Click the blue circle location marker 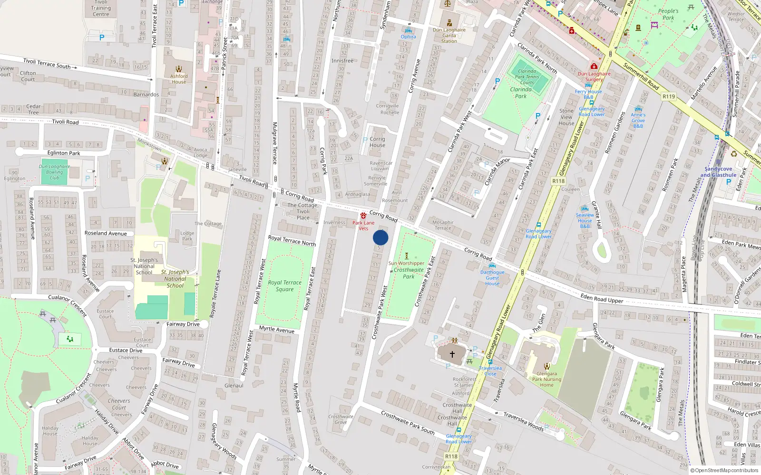click(380, 237)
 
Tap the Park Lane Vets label click(363, 225)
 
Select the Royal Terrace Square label click(284, 285)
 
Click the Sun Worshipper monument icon click(406, 256)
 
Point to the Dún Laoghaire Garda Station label click(449, 35)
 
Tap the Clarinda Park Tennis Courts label click(527, 76)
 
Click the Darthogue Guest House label click(492, 278)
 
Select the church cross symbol click(452, 354)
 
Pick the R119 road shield click(669, 96)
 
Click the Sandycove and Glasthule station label click(718, 172)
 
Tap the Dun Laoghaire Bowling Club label click(54, 172)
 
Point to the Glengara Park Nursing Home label click(546, 379)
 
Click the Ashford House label click(179, 79)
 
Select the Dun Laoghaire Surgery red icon click(594, 66)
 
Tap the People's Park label click(668, 14)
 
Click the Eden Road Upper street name click(602, 298)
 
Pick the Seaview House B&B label click(585, 220)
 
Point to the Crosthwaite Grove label click(341, 419)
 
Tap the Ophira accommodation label click(408, 37)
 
